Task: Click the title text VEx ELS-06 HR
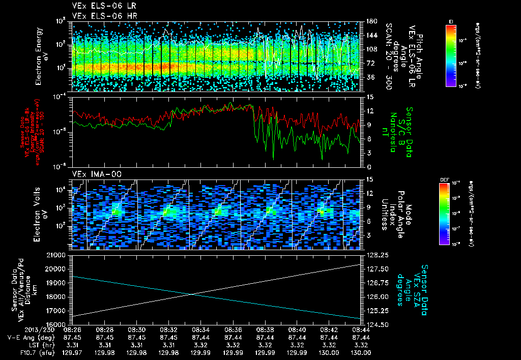click(97, 15)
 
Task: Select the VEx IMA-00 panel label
click(92, 174)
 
